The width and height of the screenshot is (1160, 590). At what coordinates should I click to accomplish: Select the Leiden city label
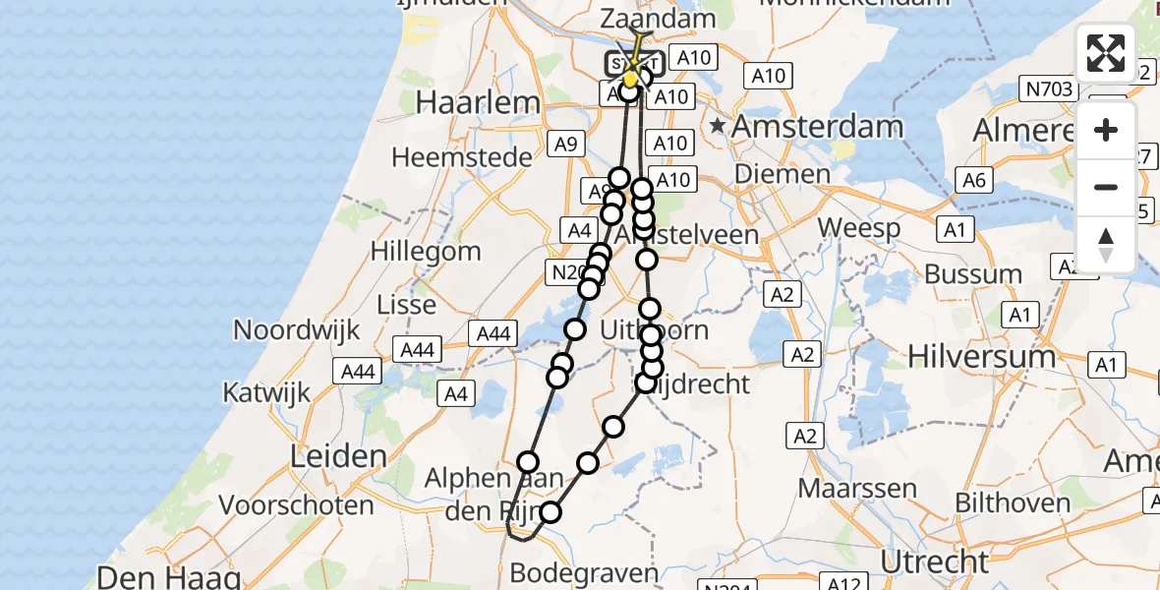tap(338, 456)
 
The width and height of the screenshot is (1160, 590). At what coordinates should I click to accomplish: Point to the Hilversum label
tap(982, 356)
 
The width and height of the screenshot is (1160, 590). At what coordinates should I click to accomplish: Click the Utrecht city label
tap(934, 561)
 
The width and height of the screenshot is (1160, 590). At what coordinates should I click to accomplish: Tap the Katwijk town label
tap(266, 392)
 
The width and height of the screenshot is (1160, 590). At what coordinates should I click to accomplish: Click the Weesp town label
tap(859, 229)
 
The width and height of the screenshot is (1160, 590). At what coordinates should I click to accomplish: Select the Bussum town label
tap(973, 274)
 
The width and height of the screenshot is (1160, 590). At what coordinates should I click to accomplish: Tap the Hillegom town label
tap(426, 251)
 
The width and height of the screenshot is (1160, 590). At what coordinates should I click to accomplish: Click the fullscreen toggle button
tap(1106, 53)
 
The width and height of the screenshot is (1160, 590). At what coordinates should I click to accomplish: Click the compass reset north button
tap(1106, 244)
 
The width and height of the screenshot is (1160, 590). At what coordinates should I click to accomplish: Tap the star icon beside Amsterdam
tap(719, 126)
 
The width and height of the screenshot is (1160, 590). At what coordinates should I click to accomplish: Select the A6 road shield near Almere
tap(974, 180)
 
